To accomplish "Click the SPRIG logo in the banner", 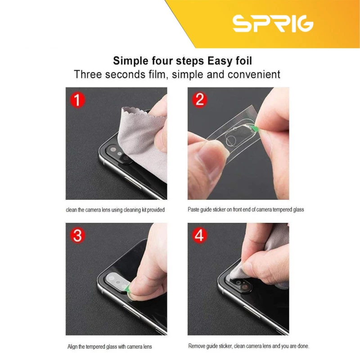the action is (x=273, y=23).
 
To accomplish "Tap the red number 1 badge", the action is (x=77, y=100).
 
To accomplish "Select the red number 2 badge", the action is (x=199, y=99).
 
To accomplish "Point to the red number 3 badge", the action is (x=77, y=235).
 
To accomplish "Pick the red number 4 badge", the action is (x=199, y=235).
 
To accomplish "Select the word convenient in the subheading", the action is (x=254, y=74).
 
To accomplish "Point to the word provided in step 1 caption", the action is (x=156, y=210).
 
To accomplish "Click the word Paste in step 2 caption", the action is (x=193, y=209).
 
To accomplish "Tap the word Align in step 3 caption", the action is (x=72, y=346).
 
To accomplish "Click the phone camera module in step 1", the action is (x=119, y=154).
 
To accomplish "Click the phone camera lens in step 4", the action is (x=245, y=287).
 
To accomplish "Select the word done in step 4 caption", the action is (x=303, y=346).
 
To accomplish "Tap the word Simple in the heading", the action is (x=130, y=61).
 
